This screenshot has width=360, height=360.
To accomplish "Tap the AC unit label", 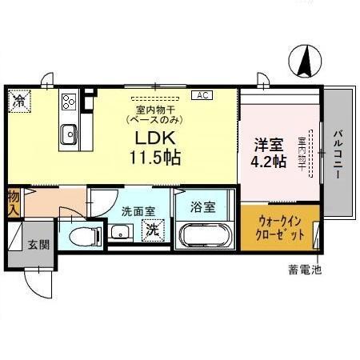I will (202, 95).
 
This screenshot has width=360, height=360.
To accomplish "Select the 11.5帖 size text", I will (155, 157).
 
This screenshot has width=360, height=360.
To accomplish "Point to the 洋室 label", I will (269, 145).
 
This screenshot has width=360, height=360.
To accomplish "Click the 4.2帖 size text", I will (269, 161).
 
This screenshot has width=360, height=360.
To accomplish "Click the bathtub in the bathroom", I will (204, 237).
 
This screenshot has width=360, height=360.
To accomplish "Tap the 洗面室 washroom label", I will (138, 212).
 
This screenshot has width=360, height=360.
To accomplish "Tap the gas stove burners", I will (69, 102).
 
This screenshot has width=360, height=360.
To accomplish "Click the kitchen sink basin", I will (67, 134).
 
